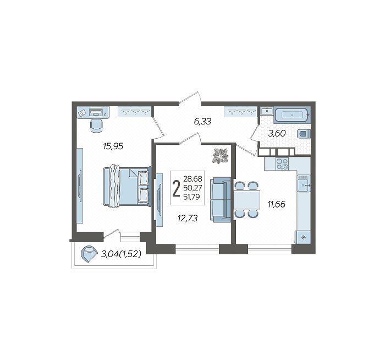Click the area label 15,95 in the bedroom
[113, 146]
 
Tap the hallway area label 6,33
[202, 122]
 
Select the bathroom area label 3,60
[277, 133]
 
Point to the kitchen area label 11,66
[277, 204]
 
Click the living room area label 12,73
[188, 218]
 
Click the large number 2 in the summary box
[177, 188]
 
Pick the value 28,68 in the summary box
[193, 179]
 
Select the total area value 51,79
[191, 197]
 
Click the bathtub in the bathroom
[291, 114]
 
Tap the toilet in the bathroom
[304, 134]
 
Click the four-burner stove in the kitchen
[282, 164]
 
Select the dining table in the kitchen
[246, 199]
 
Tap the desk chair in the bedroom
[96, 126]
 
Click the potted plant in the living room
[220, 156]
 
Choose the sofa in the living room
[220, 200]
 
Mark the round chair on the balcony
[89, 254]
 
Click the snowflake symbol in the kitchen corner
[304, 237]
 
